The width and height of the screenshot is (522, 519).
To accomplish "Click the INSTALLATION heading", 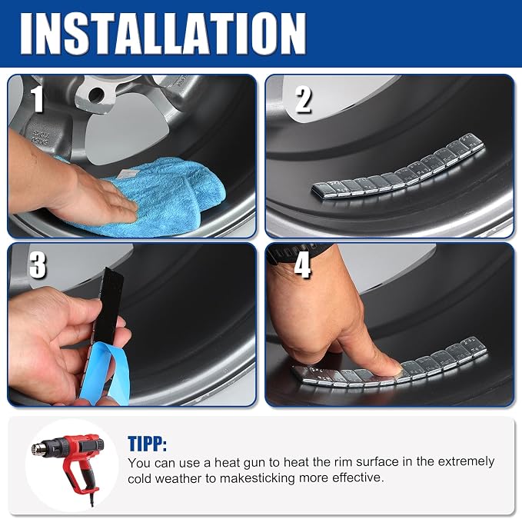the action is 163,34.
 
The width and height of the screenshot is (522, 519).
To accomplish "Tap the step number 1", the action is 37,99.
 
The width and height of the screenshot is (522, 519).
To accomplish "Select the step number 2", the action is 303,99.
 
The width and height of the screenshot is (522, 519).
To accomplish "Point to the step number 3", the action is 37,264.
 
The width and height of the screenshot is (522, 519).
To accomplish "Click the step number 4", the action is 302,265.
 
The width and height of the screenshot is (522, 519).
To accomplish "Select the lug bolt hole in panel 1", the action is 95,95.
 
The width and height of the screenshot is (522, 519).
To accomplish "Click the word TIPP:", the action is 147,443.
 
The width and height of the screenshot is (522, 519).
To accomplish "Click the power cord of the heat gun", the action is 92,496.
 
